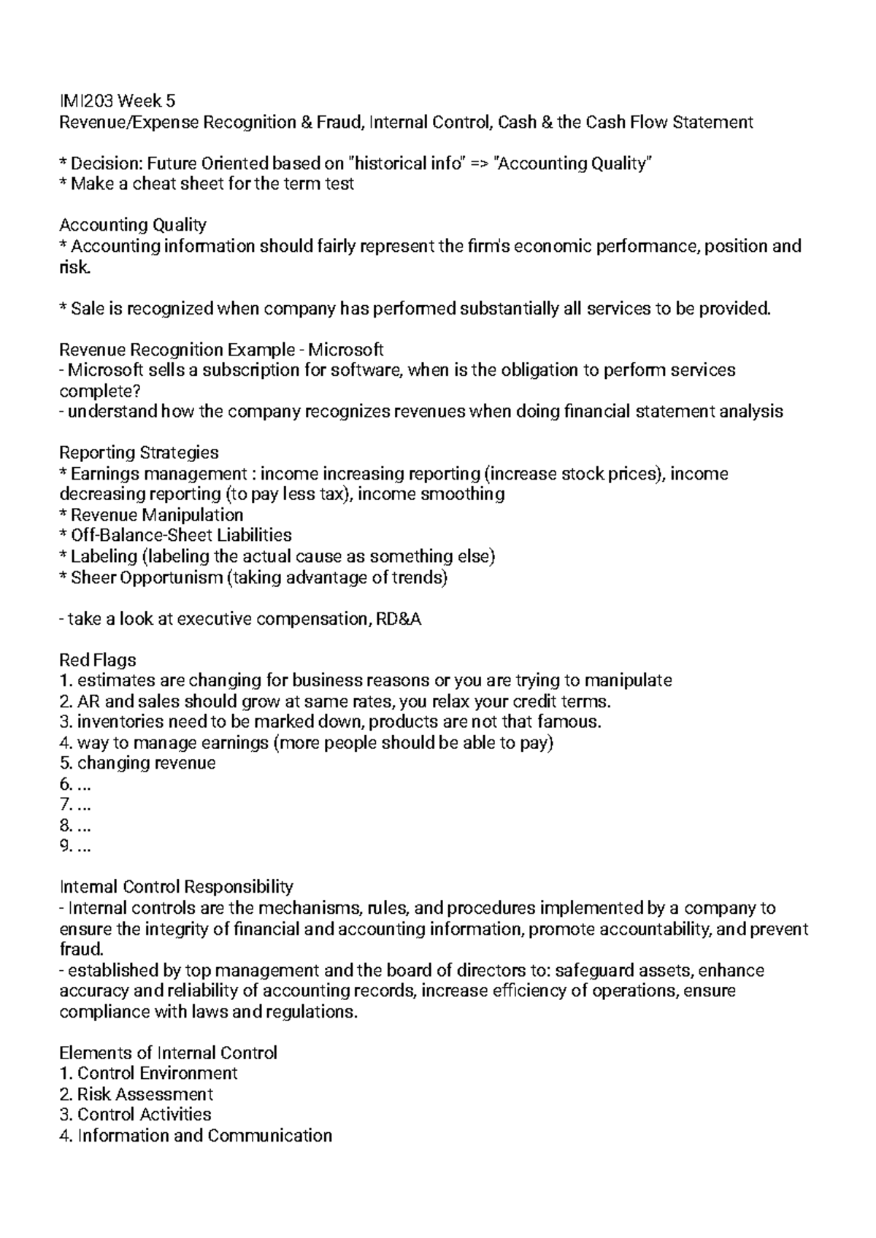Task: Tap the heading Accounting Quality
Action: click(133, 225)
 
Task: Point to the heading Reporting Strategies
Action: click(139, 453)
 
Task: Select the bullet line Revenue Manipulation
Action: click(156, 515)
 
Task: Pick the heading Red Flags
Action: click(97, 660)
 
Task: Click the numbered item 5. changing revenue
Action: click(137, 764)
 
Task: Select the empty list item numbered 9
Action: click(74, 847)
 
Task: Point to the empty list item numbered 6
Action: click(74, 785)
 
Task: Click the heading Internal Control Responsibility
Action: click(176, 887)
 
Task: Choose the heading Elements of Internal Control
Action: click(168, 1053)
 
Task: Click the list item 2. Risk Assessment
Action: click(136, 1094)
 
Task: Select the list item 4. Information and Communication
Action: click(195, 1136)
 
